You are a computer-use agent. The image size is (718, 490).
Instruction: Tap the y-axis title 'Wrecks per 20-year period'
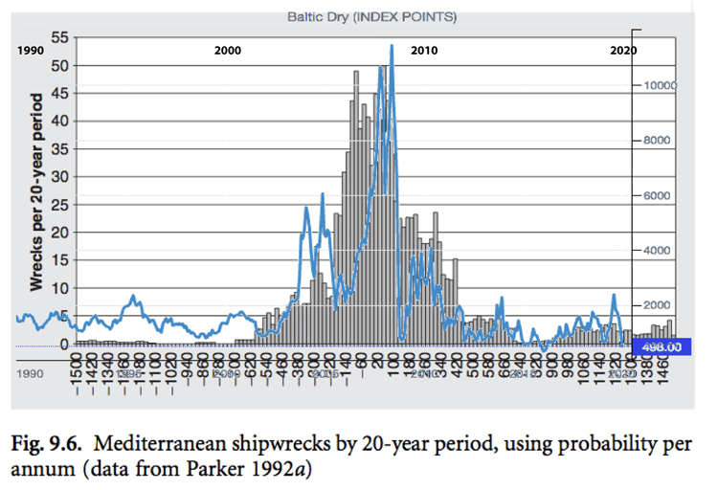click(37, 191)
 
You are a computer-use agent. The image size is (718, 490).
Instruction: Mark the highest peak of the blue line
click(392, 46)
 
